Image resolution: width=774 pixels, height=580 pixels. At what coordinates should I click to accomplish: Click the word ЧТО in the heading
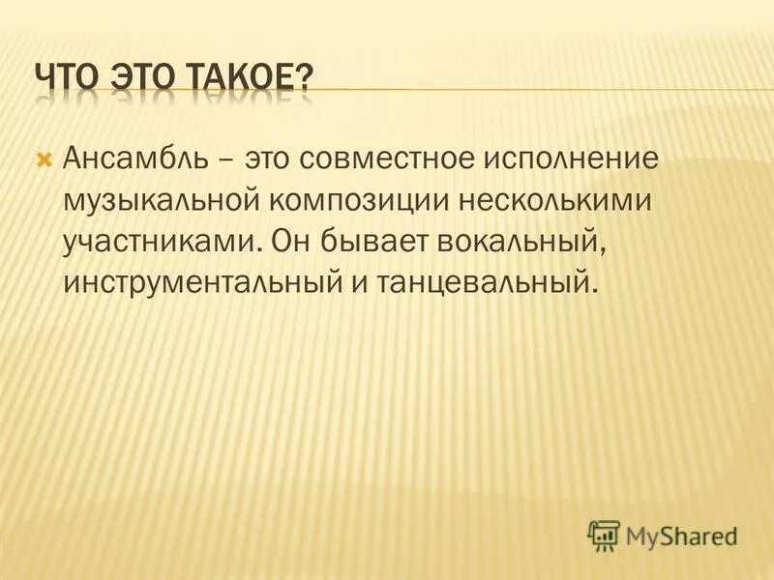[x=69, y=78]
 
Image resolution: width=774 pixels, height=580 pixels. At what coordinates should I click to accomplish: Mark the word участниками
[x=161, y=241]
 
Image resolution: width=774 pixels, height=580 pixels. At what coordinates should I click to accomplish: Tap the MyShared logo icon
[x=605, y=535]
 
